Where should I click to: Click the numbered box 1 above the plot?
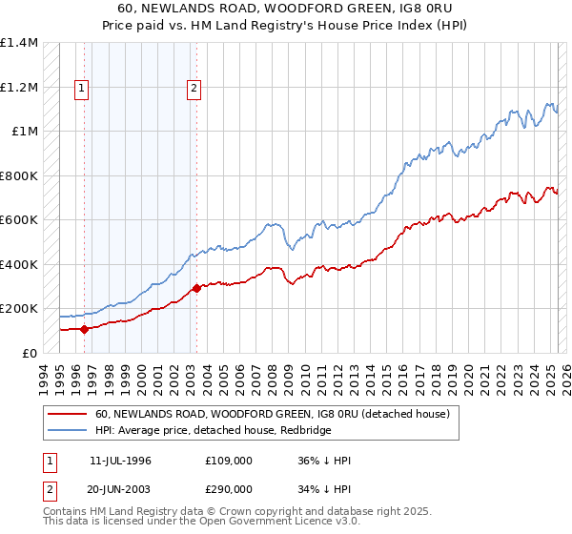point(81,90)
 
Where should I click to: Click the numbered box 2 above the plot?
point(194,90)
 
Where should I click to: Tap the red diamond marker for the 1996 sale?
point(84,330)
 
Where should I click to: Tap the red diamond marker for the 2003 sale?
point(196,288)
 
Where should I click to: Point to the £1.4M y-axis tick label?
point(19,43)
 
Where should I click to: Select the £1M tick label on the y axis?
point(25,132)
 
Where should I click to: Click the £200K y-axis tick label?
point(19,309)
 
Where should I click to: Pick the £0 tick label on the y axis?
point(30,353)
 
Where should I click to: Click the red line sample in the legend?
point(68,414)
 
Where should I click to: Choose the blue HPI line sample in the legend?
point(68,429)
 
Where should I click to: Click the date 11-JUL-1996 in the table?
point(120,460)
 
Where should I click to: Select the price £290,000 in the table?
point(229,488)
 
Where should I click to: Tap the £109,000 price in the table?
point(229,460)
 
